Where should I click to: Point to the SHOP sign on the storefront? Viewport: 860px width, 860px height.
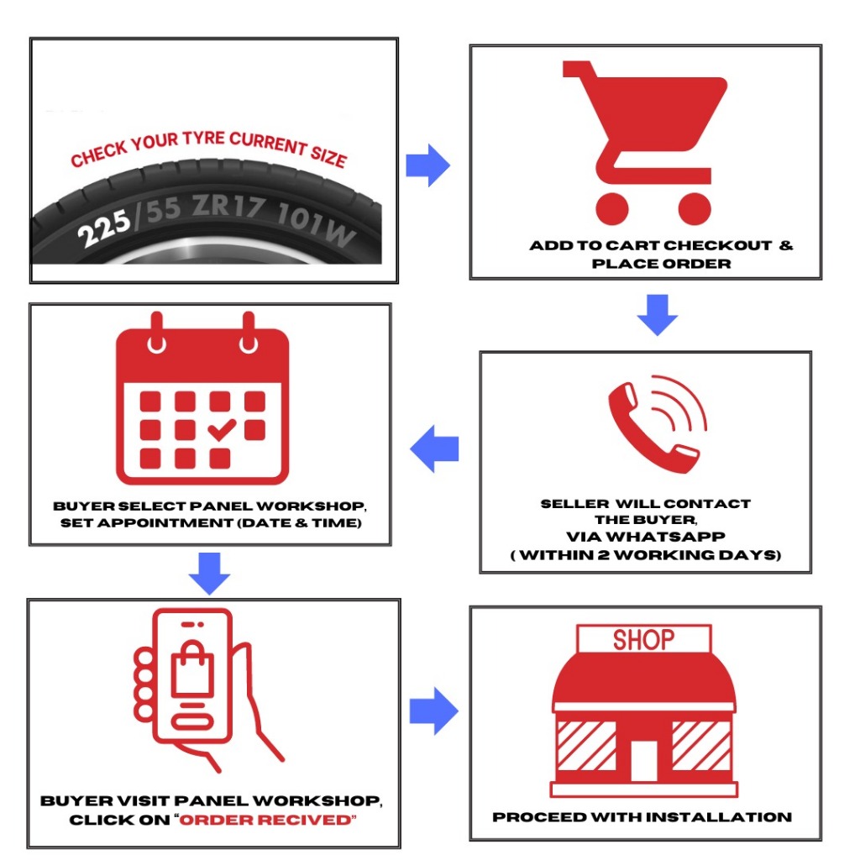coord(643,641)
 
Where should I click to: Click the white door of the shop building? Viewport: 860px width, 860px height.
coord(644,760)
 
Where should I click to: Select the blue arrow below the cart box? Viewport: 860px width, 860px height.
coord(657,314)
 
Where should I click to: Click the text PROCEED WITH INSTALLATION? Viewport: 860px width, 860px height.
coord(642,816)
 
